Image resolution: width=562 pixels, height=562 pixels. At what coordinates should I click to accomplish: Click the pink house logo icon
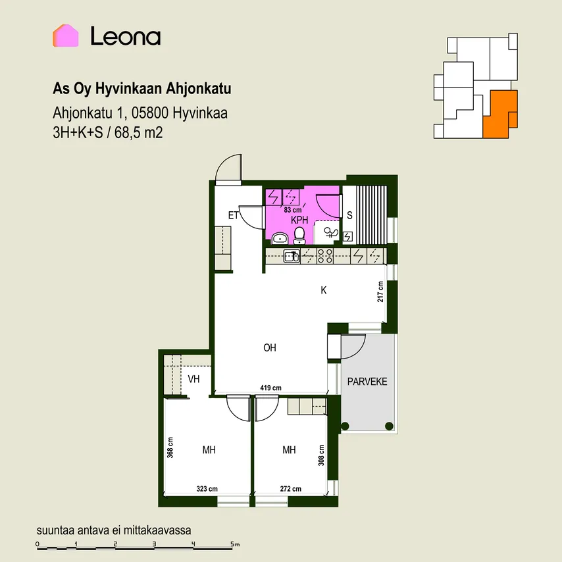pyautogui.click(x=66, y=36)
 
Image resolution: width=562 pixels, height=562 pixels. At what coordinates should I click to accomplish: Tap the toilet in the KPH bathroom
pyautogui.click(x=299, y=236)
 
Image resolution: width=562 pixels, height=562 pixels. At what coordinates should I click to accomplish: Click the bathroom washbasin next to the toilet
pyautogui.click(x=280, y=238)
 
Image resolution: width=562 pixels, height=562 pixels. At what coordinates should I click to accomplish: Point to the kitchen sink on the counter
pyautogui.click(x=292, y=256)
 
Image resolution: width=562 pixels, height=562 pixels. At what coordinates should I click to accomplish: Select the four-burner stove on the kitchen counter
pyautogui.click(x=325, y=256)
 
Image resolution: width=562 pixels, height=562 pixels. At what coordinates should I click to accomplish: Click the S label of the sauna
pyautogui.click(x=349, y=215)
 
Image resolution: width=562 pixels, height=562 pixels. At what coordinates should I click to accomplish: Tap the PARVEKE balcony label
pyautogui.click(x=367, y=382)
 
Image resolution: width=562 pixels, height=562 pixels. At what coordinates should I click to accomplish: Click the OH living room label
pyautogui.click(x=270, y=347)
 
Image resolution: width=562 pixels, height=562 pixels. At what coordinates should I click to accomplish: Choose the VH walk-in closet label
pyautogui.click(x=193, y=379)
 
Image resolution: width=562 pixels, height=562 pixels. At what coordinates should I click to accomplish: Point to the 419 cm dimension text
pyautogui.click(x=270, y=388)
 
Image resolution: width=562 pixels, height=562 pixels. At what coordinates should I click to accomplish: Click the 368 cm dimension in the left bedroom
pyautogui.click(x=170, y=447)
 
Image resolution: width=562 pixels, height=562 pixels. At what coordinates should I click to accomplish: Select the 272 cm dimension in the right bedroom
pyautogui.click(x=290, y=489)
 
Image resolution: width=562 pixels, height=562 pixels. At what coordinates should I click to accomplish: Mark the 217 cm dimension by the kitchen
pyautogui.click(x=380, y=292)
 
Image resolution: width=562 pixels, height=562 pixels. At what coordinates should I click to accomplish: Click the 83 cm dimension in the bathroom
pyautogui.click(x=292, y=210)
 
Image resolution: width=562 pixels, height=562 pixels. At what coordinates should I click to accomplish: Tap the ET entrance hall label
pyautogui.click(x=234, y=215)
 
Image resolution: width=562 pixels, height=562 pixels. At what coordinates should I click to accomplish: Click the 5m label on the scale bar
pyautogui.click(x=235, y=544)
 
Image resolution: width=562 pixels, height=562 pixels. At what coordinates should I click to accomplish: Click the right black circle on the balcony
pyautogui.click(x=389, y=426)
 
